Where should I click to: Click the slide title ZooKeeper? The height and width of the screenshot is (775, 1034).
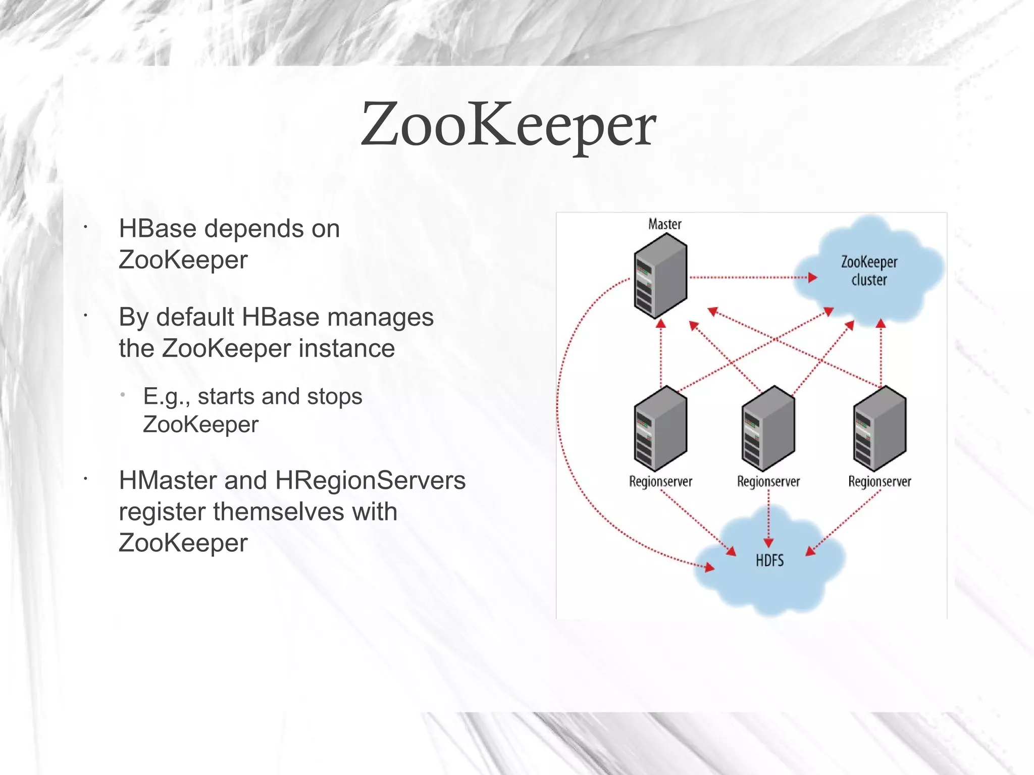[x=508, y=125]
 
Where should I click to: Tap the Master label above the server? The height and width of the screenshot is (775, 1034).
[x=664, y=224]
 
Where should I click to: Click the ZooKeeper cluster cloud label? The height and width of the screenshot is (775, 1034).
[x=869, y=271]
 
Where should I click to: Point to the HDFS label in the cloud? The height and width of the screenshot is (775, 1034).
[x=769, y=560]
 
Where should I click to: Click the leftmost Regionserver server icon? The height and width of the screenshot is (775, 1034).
[x=660, y=429]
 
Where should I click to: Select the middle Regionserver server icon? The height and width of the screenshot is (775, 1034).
[x=768, y=429]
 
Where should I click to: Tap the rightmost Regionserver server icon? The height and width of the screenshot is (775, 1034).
[x=880, y=429]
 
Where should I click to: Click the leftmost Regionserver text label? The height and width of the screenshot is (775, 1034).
[x=660, y=482]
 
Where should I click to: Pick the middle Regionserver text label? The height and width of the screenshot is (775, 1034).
[x=768, y=482]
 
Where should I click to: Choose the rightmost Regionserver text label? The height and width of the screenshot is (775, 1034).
[x=880, y=482]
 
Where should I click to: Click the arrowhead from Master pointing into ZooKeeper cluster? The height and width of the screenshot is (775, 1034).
[x=812, y=277]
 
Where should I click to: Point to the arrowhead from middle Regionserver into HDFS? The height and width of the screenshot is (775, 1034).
[x=768, y=543]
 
